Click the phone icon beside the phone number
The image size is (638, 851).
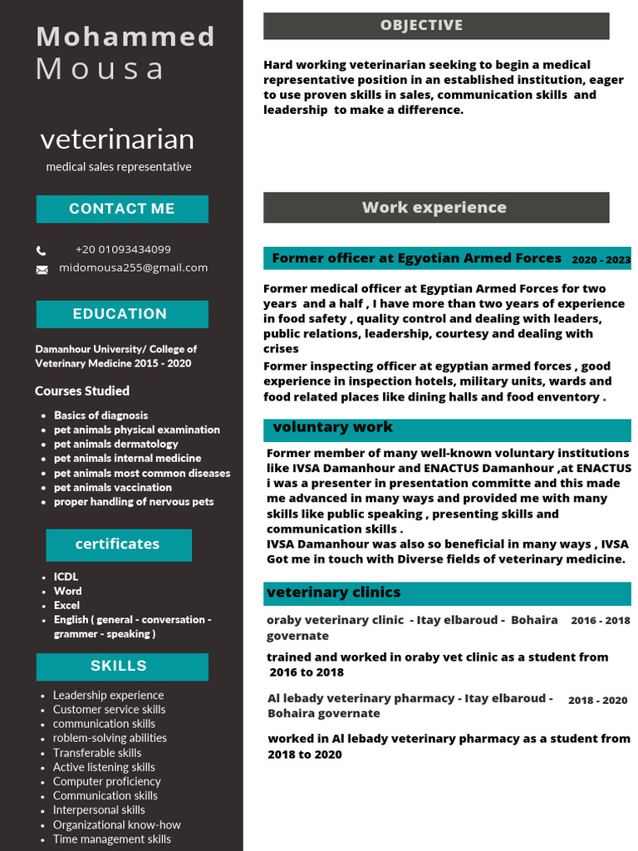point(42,250)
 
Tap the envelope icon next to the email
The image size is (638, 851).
point(42,269)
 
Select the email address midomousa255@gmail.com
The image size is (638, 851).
point(133,268)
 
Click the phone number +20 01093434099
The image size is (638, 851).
point(123,249)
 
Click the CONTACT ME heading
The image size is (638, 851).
point(122,209)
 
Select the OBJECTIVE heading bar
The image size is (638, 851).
point(436,26)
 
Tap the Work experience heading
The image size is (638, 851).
point(436,208)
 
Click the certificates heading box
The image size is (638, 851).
point(119,544)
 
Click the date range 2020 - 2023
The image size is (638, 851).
point(601,260)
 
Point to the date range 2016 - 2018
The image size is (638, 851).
point(600,621)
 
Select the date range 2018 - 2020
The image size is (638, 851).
point(597,701)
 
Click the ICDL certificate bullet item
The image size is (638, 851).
point(66,577)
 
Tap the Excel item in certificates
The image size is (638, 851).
point(66,605)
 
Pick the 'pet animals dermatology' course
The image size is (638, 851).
point(115,444)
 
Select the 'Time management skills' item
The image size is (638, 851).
point(111,839)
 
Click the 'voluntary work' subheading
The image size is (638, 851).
point(332,427)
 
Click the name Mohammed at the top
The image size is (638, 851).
point(125,37)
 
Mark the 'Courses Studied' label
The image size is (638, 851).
point(82,391)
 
